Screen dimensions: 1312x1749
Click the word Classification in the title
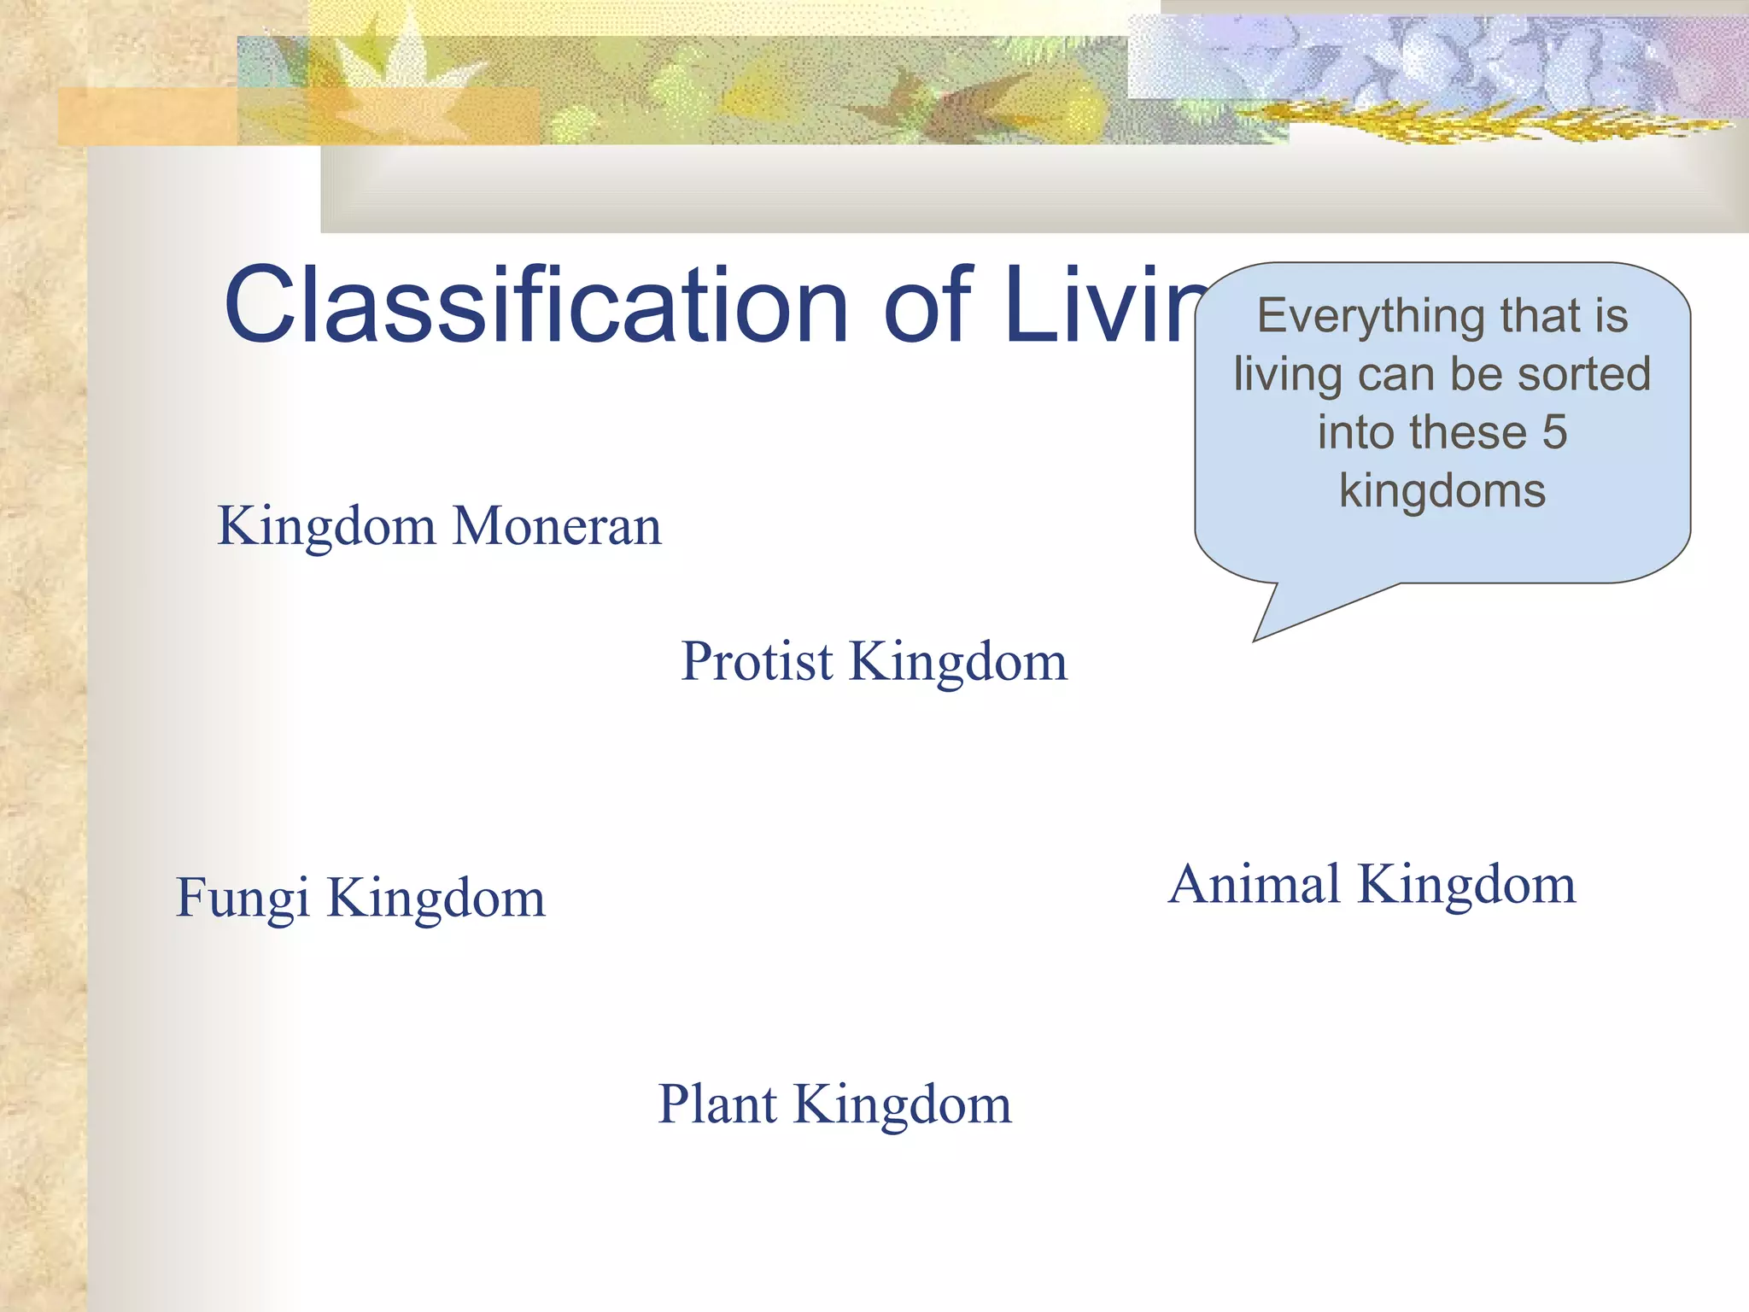[535, 305]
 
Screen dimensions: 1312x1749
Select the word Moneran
[557, 526]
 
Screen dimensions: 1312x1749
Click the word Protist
[756, 662]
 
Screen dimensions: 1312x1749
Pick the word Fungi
[243, 899]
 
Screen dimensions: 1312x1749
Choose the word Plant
[717, 1104]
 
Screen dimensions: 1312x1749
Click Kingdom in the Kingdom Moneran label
[326, 526]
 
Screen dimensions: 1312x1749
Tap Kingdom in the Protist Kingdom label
[957, 662]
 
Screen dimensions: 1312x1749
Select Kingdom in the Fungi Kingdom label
[436, 899]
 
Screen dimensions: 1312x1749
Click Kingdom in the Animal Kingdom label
[1466, 884]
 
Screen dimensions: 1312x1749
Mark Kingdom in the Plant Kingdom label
[903, 1104]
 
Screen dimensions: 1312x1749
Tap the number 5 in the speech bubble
[1554, 432]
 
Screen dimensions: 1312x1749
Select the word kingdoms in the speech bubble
[1442, 490]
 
